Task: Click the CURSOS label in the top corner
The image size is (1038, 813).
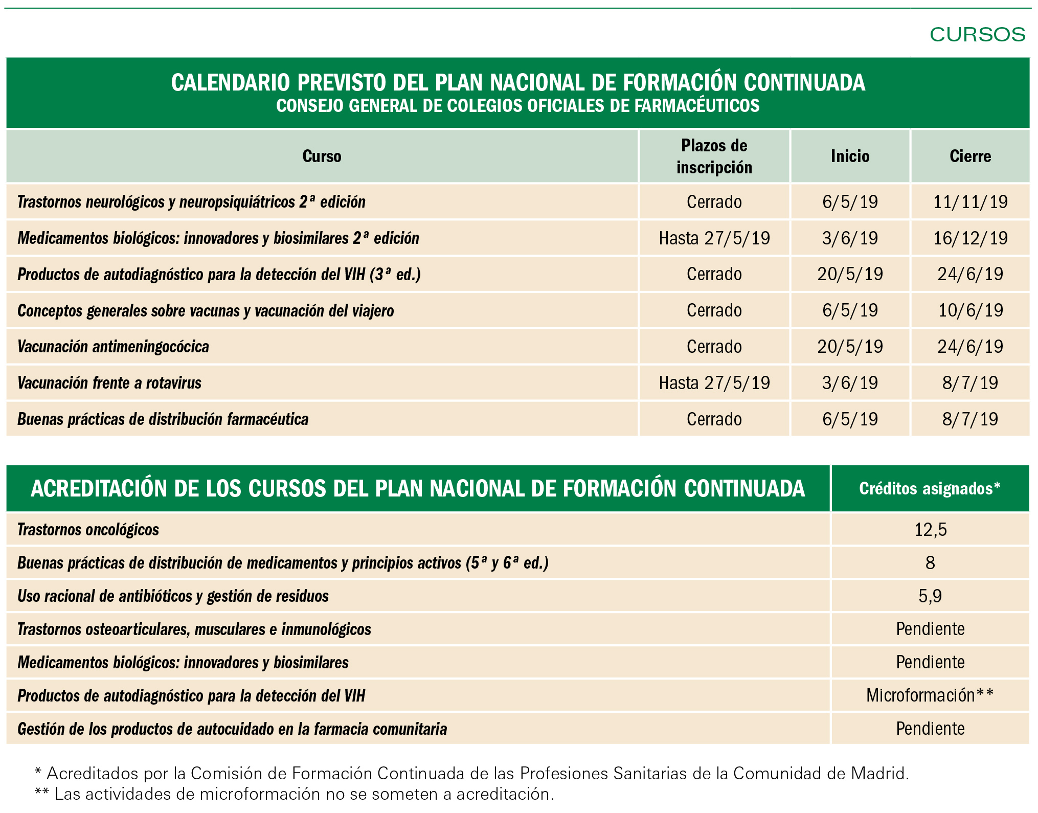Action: coord(977,35)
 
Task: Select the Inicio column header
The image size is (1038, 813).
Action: coord(850,156)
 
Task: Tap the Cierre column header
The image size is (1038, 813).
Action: coord(970,156)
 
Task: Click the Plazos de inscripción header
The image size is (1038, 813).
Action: coord(714,156)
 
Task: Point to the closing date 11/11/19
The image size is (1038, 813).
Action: coord(970,202)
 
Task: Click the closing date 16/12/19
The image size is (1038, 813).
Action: coord(970,238)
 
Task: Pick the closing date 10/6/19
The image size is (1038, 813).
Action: coord(970,310)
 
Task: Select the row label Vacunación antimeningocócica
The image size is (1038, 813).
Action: coord(113,347)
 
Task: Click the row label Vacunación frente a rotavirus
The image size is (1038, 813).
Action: coord(109,383)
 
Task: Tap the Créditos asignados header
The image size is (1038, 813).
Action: coord(930,489)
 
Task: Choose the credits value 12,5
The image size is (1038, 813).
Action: coord(930,530)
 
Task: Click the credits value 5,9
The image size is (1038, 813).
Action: coord(930,596)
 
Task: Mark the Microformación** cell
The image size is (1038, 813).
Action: coord(930,695)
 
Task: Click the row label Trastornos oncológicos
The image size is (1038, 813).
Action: coord(88,530)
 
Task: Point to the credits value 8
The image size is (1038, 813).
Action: coord(930,563)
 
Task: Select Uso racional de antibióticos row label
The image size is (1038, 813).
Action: coord(173,596)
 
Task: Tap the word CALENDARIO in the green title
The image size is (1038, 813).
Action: coord(231,83)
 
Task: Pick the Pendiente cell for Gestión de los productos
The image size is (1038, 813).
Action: coord(930,729)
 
